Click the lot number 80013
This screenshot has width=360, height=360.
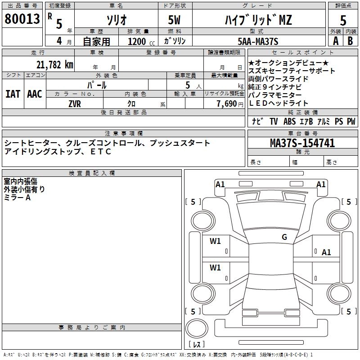tap(22, 18)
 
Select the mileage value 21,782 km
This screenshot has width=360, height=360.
tap(54, 65)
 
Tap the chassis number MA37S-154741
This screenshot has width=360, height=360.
tap(302, 143)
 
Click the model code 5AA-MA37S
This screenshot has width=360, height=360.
tap(258, 41)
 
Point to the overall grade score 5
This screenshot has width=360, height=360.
tap(343, 20)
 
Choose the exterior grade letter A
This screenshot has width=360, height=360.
tap(336, 41)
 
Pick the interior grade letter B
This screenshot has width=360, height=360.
tap(350, 41)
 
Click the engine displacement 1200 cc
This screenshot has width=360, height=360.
tap(141, 41)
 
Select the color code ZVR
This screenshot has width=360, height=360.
tap(75, 104)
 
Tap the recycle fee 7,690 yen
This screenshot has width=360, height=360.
tap(230, 104)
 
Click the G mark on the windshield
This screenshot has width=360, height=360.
tap(284, 237)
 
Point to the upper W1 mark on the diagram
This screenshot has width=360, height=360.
tap(215, 241)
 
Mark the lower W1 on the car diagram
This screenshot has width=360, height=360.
tap(215, 267)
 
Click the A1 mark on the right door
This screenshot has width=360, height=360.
tap(326, 252)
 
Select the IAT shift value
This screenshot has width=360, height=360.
tap(13, 94)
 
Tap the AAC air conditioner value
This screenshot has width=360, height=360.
tap(35, 94)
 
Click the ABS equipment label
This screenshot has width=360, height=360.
tap(289, 121)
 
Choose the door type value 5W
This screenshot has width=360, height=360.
tap(174, 20)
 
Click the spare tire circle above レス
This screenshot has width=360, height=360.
tap(197, 328)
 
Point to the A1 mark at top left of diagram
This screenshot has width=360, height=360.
tap(220, 184)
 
